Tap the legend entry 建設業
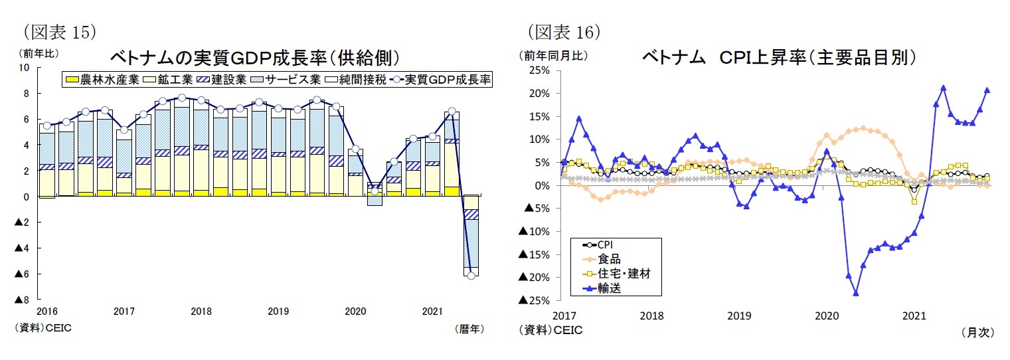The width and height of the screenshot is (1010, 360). click(x=229, y=80)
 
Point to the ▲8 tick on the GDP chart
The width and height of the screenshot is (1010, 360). click(x=21, y=300)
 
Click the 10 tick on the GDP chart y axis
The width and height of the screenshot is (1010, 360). click(x=25, y=68)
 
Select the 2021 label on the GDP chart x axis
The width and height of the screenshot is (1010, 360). click(x=433, y=311)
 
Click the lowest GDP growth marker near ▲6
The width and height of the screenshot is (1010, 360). click(x=471, y=275)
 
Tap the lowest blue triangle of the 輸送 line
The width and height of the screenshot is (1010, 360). click(x=856, y=293)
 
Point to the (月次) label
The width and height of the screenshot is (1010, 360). click(x=977, y=333)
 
